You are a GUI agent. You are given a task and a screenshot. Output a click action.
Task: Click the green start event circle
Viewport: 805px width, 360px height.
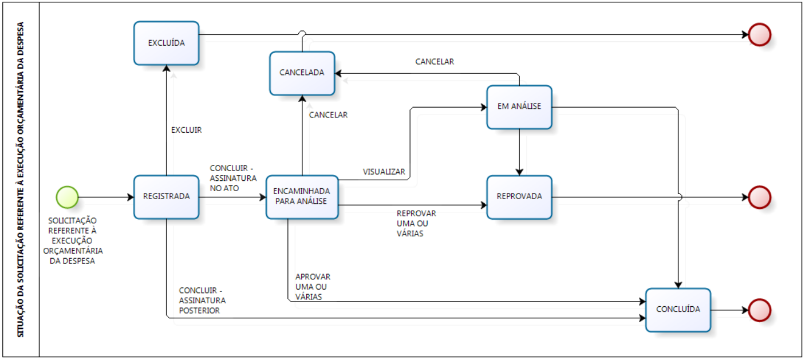(x=67, y=197)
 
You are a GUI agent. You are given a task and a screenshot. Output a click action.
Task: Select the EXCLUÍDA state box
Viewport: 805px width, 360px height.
(x=166, y=43)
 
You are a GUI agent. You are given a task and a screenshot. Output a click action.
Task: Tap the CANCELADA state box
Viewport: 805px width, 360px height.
(x=302, y=73)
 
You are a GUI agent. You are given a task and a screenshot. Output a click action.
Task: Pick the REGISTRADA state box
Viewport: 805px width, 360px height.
(x=166, y=197)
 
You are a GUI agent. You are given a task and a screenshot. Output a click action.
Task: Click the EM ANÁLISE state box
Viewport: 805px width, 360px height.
(x=519, y=107)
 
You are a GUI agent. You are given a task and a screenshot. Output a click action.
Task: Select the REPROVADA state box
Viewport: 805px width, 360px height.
(x=519, y=197)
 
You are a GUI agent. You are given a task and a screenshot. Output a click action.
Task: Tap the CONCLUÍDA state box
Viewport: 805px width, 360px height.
(x=678, y=310)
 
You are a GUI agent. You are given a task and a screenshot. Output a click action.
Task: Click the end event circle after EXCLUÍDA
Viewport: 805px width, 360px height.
(x=760, y=34)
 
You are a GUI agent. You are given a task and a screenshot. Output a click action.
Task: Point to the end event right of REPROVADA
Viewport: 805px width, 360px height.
(x=760, y=197)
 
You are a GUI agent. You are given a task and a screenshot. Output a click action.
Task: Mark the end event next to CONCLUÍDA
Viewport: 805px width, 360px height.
(x=760, y=310)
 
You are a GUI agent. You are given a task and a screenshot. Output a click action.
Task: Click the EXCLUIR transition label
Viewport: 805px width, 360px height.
(x=187, y=130)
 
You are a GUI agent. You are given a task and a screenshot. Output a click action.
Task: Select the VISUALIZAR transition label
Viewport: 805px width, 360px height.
(x=384, y=172)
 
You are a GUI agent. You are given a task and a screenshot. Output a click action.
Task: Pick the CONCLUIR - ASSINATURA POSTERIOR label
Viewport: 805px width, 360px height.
(x=202, y=300)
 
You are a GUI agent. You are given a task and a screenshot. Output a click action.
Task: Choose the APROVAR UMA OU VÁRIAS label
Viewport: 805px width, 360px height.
(x=313, y=287)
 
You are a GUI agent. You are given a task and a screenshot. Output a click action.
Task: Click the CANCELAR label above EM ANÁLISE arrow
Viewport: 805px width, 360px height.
(x=435, y=62)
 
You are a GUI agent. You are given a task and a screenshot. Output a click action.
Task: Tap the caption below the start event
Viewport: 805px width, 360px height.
(x=73, y=240)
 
